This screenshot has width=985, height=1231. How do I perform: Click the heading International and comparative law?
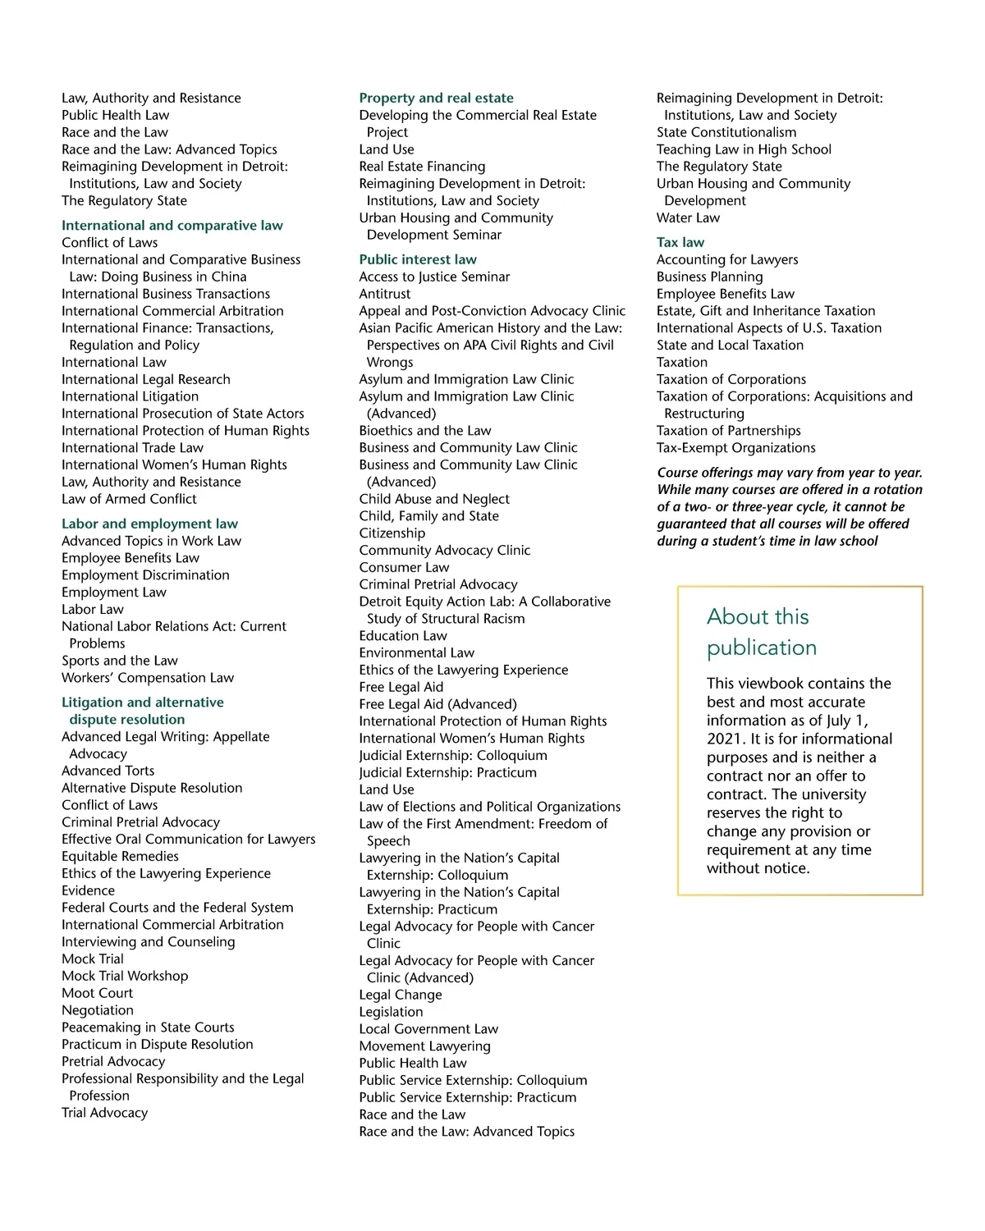[x=172, y=226]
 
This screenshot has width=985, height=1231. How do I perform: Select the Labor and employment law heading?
[x=149, y=524]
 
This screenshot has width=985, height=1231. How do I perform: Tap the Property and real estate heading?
[x=436, y=98]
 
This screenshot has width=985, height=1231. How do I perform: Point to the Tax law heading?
[x=680, y=242]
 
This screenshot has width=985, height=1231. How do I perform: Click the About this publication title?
[x=761, y=632]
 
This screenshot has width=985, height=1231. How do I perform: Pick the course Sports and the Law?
[x=119, y=661]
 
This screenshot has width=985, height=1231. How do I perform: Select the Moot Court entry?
[x=97, y=993]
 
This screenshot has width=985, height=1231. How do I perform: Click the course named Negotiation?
[x=97, y=1010]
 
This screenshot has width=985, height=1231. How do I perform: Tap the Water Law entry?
[x=688, y=217]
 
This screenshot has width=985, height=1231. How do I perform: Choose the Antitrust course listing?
[x=384, y=294]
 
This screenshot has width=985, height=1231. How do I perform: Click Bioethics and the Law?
[x=424, y=431]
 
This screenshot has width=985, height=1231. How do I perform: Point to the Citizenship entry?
[x=392, y=533]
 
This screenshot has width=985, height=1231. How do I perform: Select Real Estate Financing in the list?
[x=422, y=167]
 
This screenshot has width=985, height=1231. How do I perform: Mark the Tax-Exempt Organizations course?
[x=735, y=448]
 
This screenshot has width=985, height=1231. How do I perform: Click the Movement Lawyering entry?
[x=424, y=1046]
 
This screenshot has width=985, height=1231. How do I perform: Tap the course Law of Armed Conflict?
[x=129, y=499]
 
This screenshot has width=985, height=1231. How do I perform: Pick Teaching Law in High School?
[x=744, y=149]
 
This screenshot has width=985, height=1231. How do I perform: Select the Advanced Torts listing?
[x=108, y=771]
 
